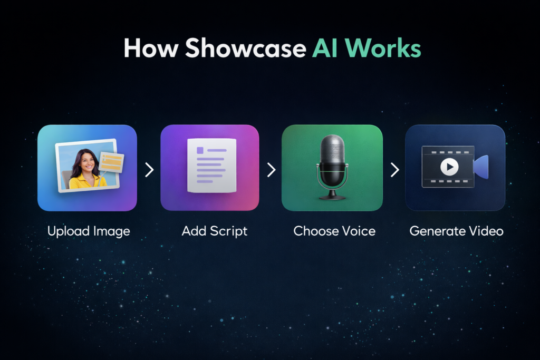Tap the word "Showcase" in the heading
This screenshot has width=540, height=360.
coord(245,48)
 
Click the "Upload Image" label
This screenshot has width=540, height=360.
coord(89,231)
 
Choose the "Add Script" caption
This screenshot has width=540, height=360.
coord(214,231)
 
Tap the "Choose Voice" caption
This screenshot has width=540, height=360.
coord(334,231)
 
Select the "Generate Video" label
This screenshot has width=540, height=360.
coord(456,231)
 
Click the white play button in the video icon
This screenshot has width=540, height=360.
coord(449,167)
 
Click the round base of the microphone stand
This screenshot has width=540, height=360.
coord(333,197)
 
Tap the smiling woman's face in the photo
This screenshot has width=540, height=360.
coord(88,161)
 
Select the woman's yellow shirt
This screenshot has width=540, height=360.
coord(87,182)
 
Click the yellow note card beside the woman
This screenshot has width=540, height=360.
coord(111,162)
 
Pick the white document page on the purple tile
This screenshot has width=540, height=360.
coord(211,167)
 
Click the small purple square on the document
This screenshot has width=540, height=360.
coord(200,150)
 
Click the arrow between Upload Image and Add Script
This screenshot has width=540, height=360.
coord(149,170)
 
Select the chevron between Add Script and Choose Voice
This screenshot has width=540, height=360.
coord(271,170)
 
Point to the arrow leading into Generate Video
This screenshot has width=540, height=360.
coord(394,170)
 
